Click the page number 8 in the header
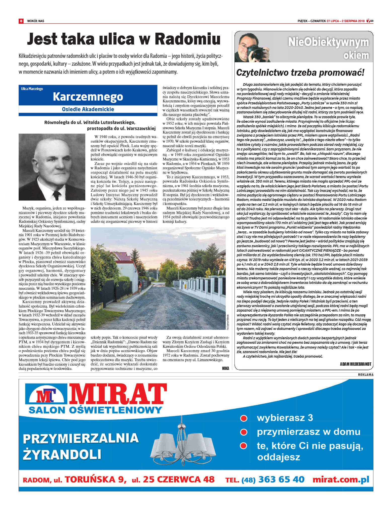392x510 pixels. coord(21,21)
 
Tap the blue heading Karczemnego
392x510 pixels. coord(88,97)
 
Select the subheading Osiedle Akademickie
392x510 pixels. coord(88,109)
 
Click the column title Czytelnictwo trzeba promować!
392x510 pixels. coord(300,73)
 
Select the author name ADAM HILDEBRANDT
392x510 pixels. coord(355,364)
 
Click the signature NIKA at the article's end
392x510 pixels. coord(225,368)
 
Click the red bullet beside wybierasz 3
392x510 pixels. coord(244,418)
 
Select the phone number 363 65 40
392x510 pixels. coord(281,479)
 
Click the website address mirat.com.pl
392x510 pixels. coord(341,479)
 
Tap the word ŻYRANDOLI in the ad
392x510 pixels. coord(62,455)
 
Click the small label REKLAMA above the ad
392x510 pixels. coord(366,375)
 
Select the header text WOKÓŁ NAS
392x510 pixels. coord(36,21)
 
